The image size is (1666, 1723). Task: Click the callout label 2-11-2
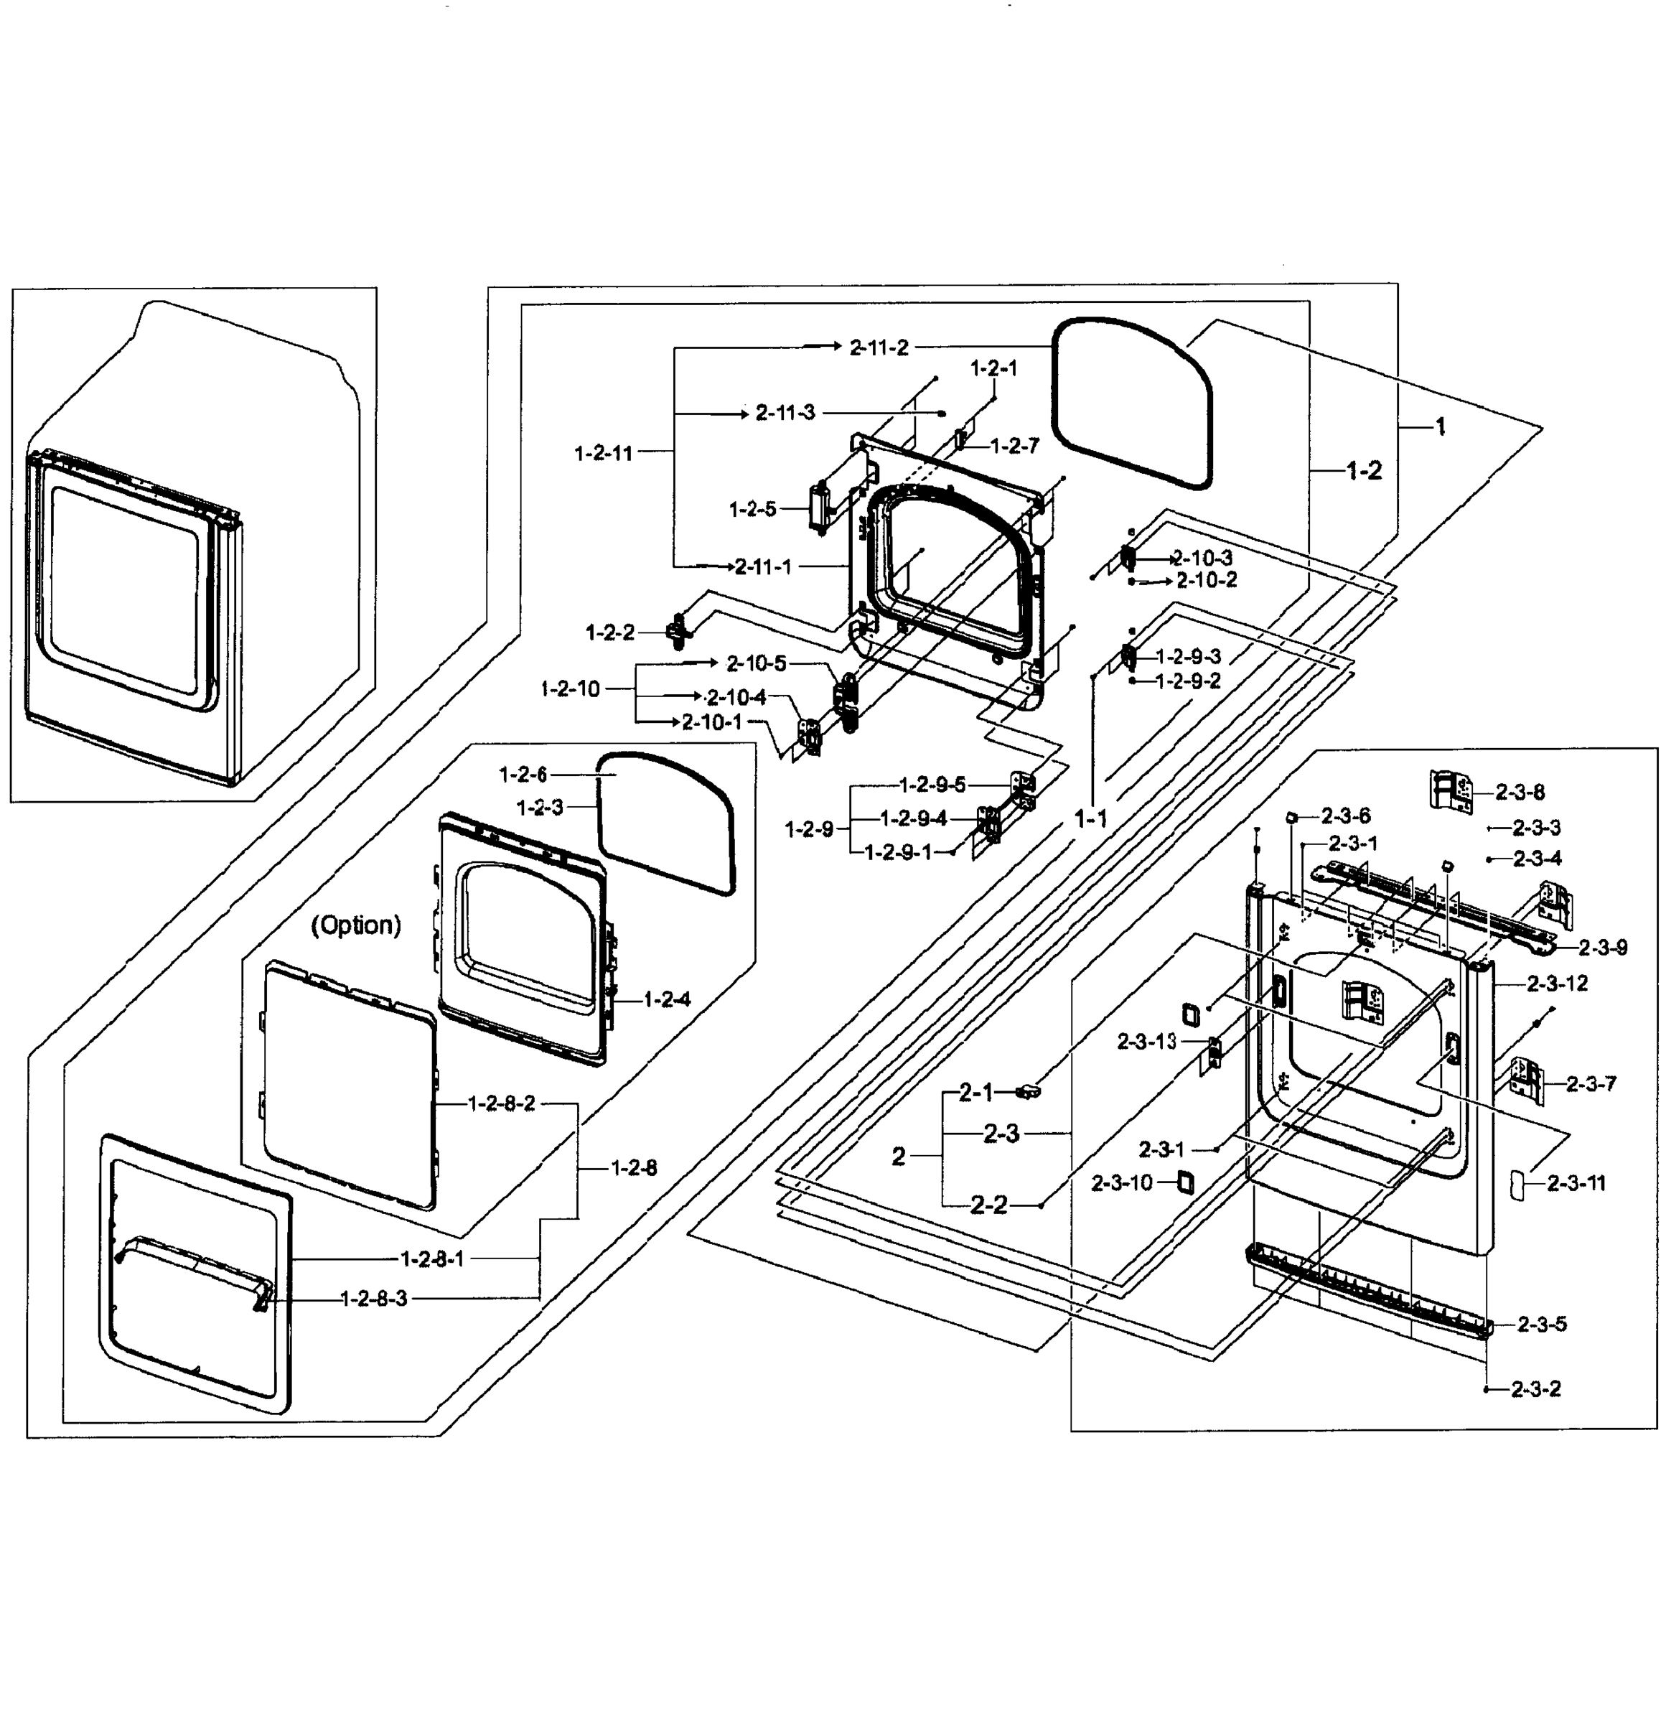(879, 347)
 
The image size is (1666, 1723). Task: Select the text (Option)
(356, 925)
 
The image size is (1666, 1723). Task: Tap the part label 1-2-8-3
(374, 1299)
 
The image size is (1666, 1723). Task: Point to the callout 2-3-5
(1541, 1324)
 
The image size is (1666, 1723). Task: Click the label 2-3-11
(1576, 1183)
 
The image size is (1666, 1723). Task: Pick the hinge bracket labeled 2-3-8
(1450, 790)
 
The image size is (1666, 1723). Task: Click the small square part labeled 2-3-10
(1185, 1182)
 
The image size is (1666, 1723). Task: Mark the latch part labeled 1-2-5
(820, 508)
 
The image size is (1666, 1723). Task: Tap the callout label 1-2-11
(603, 454)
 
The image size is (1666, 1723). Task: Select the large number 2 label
(898, 1157)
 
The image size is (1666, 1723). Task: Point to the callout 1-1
(1090, 818)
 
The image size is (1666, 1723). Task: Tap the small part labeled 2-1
(1027, 1092)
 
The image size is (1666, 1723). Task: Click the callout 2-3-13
(1146, 1042)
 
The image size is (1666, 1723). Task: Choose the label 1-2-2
(609, 633)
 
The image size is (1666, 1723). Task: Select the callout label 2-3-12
(1557, 984)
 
